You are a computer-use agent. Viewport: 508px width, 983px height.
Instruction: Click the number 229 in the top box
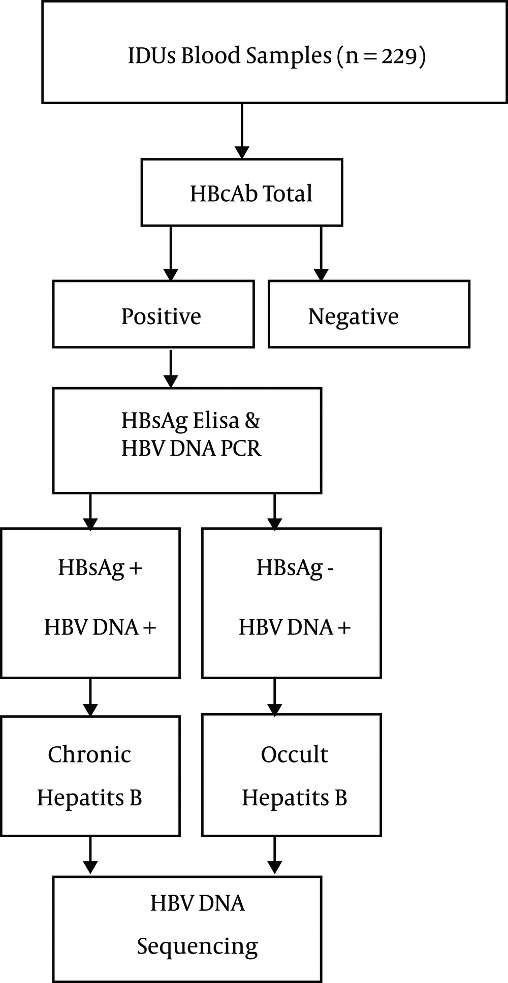coord(399,55)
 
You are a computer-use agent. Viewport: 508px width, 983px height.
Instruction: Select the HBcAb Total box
coord(242,193)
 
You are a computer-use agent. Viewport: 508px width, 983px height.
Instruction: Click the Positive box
coord(153,314)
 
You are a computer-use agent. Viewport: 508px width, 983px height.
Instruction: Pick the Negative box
coord(369,314)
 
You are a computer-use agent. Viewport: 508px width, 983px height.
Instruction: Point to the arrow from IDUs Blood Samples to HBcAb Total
coord(242,131)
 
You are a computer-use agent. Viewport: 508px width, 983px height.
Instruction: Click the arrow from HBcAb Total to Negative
coord(321,253)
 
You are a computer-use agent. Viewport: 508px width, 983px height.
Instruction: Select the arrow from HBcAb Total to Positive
coord(171,253)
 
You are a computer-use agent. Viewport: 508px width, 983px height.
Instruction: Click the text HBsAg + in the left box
coord(100,567)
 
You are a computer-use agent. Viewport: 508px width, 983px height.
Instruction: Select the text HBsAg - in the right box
coord(295,567)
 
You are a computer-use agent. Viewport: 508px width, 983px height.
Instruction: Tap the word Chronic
coord(89,754)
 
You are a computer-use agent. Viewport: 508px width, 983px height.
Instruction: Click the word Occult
coord(294,754)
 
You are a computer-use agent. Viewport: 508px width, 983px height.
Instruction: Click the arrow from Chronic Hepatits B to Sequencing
coord(90,856)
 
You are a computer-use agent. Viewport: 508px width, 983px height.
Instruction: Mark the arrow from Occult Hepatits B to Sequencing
coord(274,856)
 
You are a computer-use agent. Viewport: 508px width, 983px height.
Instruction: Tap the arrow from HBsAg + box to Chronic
coord(90,697)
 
